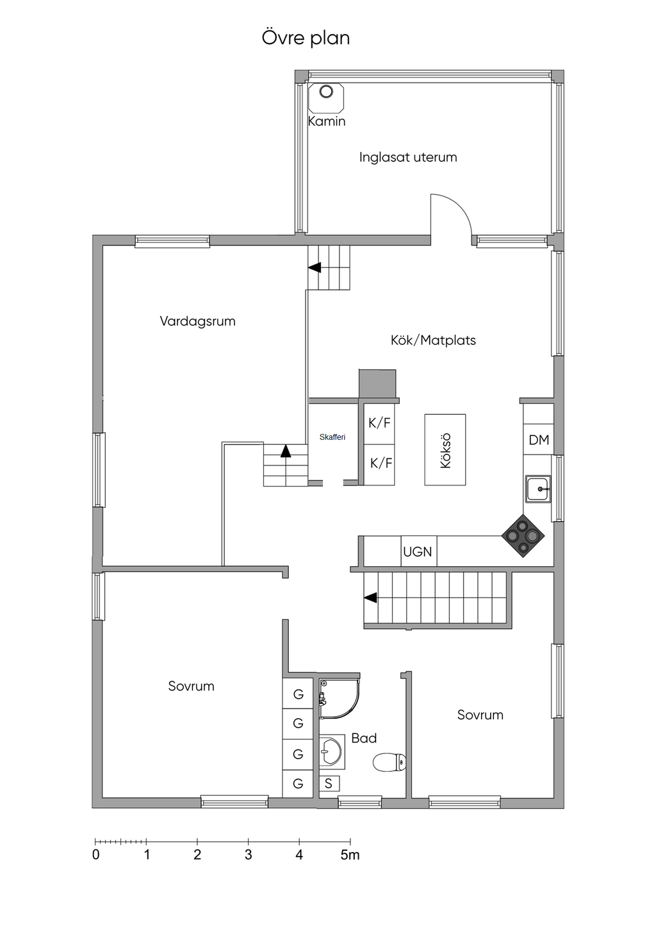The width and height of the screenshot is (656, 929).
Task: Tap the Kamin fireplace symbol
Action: pyautogui.click(x=326, y=98)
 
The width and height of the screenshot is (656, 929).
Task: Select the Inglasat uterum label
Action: pyautogui.click(x=408, y=158)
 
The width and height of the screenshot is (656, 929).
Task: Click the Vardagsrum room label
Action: pyautogui.click(x=198, y=321)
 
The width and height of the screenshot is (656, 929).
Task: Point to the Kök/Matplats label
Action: pyautogui.click(x=433, y=340)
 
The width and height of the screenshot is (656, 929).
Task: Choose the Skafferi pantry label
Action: pyautogui.click(x=332, y=437)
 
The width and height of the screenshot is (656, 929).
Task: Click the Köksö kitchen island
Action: pyautogui.click(x=445, y=449)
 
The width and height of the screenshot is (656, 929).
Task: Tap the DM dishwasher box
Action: pyautogui.click(x=538, y=439)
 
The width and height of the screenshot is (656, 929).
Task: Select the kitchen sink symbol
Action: pyautogui.click(x=538, y=489)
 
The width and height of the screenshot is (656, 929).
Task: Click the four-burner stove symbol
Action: pyautogui.click(x=523, y=536)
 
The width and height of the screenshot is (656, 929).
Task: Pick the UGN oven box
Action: pyautogui.click(x=418, y=551)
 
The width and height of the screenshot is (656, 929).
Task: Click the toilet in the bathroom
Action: pyautogui.click(x=389, y=762)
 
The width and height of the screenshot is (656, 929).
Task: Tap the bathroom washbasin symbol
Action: pyautogui.click(x=331, y=751)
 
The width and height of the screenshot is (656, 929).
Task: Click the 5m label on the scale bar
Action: pyautogui.click(x=350, y=855)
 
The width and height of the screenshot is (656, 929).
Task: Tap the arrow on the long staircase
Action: pyautogui.click(x=370, y=598)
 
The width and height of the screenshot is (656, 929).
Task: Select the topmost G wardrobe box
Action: pyautogui.click(x=297, y=694)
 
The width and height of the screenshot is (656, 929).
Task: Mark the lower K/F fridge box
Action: pyautogui.click(x=379, y=464)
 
